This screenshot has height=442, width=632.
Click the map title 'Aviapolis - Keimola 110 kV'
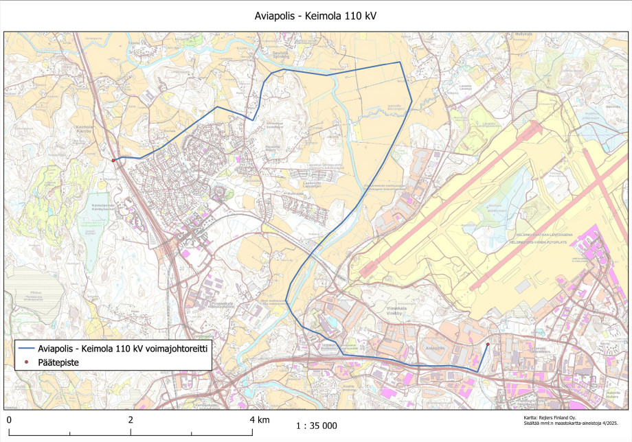[x=315, y=14]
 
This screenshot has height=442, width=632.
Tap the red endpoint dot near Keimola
[x=113, y=160]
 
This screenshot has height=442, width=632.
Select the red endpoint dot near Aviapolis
[x=488, y=344]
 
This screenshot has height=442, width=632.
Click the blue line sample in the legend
[x=26, y=349]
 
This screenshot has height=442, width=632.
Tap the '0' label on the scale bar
[x=9, y=419]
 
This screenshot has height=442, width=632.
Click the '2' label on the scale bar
[x=131, y=419]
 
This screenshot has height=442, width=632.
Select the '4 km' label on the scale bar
[x=259, y=419]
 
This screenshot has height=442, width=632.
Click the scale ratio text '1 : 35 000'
[x=316, y=426]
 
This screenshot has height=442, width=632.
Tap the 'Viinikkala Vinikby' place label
[x=396, y=311]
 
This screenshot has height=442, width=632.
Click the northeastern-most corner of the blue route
[x=400, y=62]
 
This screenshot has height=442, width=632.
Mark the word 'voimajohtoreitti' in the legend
[x=175, y=349]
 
